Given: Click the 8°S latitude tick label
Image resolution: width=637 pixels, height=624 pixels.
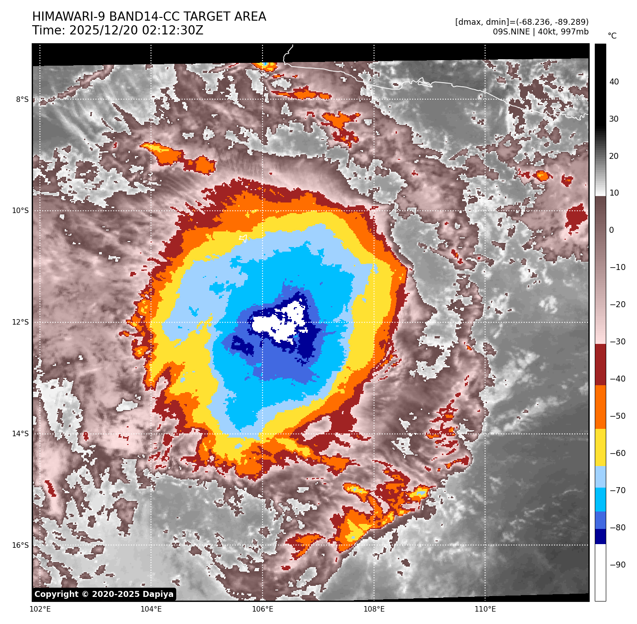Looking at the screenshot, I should [x=22, y=100].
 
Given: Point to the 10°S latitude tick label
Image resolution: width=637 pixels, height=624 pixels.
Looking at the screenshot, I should [x=20, y=211].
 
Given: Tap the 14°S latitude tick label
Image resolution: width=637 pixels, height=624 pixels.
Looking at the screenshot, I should [x=20, y=434].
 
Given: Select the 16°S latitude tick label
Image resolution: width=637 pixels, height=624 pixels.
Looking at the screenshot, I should [x=20, y=545].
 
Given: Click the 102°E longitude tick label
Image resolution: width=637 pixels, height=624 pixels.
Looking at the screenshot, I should [x=40, y=609].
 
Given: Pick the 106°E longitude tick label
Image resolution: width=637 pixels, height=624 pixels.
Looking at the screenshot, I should [x=263, y=609].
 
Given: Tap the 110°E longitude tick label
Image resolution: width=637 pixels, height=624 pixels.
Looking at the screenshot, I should [x=485, y=609].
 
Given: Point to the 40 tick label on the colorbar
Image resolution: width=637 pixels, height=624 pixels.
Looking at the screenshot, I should [x=614, y=82].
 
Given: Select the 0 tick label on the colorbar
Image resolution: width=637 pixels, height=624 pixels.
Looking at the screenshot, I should [x=611, y=230].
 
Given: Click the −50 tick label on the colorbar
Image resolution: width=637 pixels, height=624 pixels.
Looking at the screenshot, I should [x=617, y=416].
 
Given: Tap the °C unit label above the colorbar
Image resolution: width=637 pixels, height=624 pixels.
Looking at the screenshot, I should [x=612, y=36].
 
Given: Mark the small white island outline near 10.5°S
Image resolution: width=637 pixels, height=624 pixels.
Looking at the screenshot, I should [x=243, y=238].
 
